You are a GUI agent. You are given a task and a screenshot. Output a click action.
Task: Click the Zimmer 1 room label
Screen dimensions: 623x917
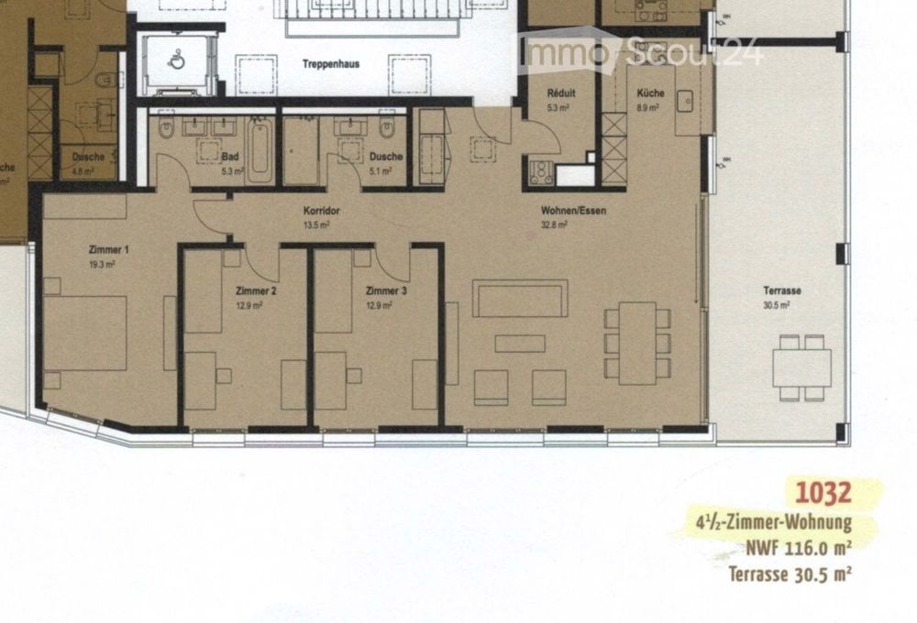108,249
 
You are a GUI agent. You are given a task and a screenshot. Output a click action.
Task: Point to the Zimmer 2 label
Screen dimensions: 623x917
256,290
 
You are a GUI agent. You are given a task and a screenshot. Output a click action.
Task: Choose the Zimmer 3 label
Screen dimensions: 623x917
385,290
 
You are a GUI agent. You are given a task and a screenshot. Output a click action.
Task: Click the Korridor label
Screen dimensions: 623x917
322,211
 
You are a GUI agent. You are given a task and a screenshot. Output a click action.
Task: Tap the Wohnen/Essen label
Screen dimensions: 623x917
573,211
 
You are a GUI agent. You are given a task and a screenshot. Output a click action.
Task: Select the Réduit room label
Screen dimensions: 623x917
560,93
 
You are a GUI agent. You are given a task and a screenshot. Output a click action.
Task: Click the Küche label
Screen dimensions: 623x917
651,93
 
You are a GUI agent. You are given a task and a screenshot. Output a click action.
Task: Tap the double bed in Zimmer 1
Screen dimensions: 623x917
84,332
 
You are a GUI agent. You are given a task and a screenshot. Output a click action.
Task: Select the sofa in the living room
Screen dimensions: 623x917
520,299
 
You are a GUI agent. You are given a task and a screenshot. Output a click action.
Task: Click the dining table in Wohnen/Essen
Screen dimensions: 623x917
636,343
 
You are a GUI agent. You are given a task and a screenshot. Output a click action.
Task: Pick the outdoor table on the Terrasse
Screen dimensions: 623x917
801,367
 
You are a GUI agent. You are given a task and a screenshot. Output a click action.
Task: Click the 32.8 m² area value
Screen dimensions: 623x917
555,224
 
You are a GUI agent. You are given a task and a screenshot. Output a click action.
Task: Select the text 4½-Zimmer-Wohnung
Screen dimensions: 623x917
774,525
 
